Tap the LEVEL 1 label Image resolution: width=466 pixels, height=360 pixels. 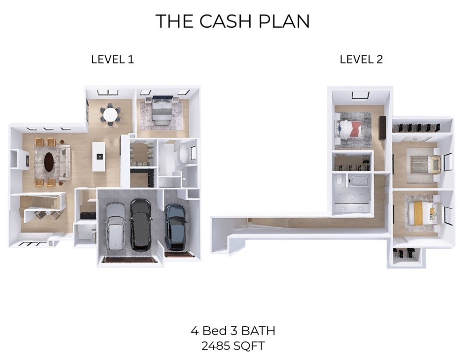point(112,60)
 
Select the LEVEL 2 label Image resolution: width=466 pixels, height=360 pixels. point(361,60)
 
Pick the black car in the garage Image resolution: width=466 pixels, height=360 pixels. point(140,224)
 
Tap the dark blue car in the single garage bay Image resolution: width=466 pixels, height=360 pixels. point(176,226)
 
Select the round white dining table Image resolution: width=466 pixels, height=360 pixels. point(111,114)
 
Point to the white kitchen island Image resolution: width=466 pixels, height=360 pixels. point(99,155)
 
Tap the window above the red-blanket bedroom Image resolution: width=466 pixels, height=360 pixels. point(359,96)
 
